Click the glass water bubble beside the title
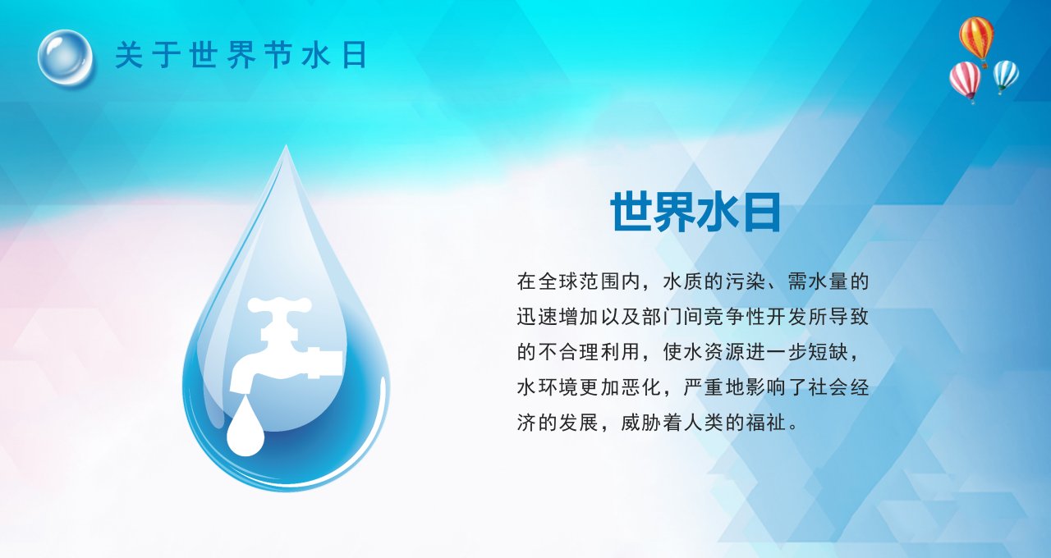pyautogui.click(x=65, y=58)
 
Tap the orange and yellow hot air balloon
pyautogui.click(x=976, y=41)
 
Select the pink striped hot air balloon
pyautogui.click(x=965, y=81)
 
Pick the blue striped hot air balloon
pyautogui.click(x=1006, y=76)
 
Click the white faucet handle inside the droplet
pyautogui.click(x=279, y=305)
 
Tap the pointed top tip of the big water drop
pyautogui.click(x=286, y=146)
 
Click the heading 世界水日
pyautogui.click(x=695, y=212)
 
